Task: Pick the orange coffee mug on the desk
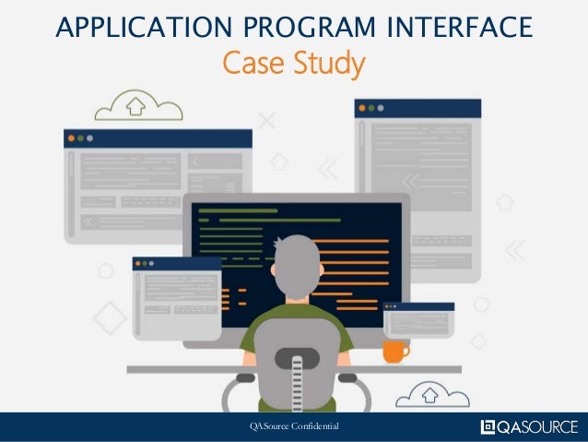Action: (x=394, y=350)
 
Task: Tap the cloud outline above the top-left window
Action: (x=139, y=105)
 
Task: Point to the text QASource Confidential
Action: (x=295, y=426)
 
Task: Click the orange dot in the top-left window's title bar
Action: (x=70, y=137)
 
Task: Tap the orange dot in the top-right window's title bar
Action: (x=362, y=107)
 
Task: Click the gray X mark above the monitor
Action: (x=267, y=119)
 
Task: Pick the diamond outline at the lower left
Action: (x=111, y=317)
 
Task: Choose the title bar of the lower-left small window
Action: (x=176, y=263)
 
